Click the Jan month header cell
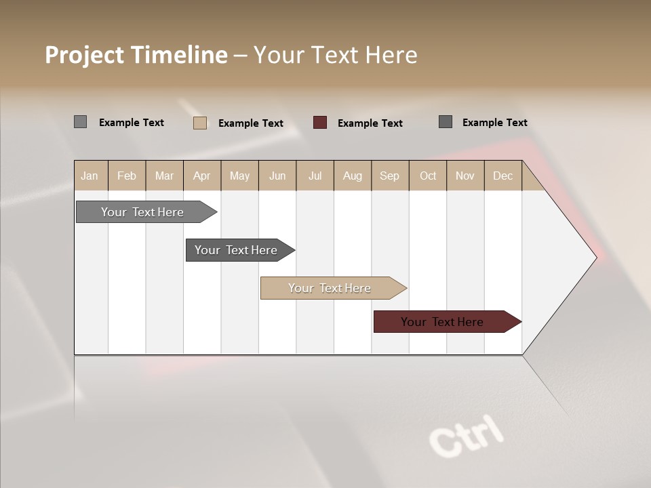tap(90, 176)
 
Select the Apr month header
tap(202, 176)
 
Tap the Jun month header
tap(277, 176)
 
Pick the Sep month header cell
tap(390, 176)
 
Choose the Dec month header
tap(502, 176)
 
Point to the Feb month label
tap(127, 176)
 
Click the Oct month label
tap(428, 176)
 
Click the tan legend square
tap(200, 123)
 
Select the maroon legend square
tap(320, 123)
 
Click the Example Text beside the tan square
tap(251, 123)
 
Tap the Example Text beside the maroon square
tap(370, 123)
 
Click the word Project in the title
tap(84, 55)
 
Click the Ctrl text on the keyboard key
tap(467, 434)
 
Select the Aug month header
tap(353, 176)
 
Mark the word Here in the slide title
tap(391, 55)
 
